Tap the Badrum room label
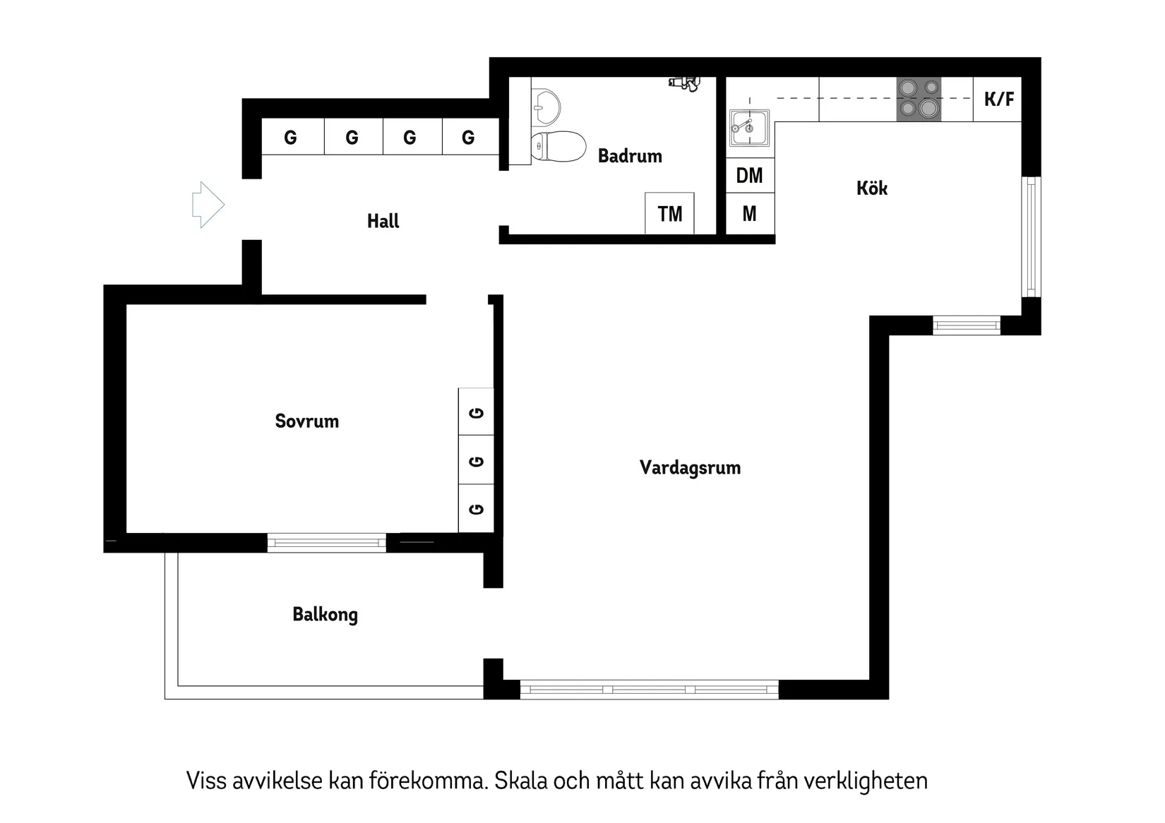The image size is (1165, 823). pyautogui.click(x=630, y=156)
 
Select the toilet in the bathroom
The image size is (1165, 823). pyautogui.click(x=558, y=146)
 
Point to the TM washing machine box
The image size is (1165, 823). pyautogui.click(x=669, y=213)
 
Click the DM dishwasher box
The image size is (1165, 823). pyautogui.click(x=750, y=175)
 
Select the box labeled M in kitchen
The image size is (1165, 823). pyautogui.click(x=750, y=213)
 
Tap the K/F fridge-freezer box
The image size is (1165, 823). pyautogui.click(x=998, y=99)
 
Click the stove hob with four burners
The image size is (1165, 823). pyautogui.click(x=919, y=99)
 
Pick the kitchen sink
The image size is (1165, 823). pyautogui.click(x=749, y=128)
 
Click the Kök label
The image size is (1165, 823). pyautogui.click(x=871, y=188)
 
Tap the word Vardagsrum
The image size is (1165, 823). pyautogui.click(x=690, y=467)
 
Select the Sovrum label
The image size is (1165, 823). pyautogui.click(x=306, y=421)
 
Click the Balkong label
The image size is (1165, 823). pyautogui.click(x=325, y=614)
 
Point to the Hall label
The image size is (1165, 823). pyautogui.click(x=383, y=221)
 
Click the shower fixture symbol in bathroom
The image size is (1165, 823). pyautogui.click(x=683, y=83)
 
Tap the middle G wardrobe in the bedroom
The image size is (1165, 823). pyautogui.click(x=477, y=461)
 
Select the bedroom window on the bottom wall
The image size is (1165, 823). pyautogui.click(x=326, y=543)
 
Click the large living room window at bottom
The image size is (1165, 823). pyautogui.click(x=649, y=689)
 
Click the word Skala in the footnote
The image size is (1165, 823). pyautogui.click(x=520, y=781)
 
